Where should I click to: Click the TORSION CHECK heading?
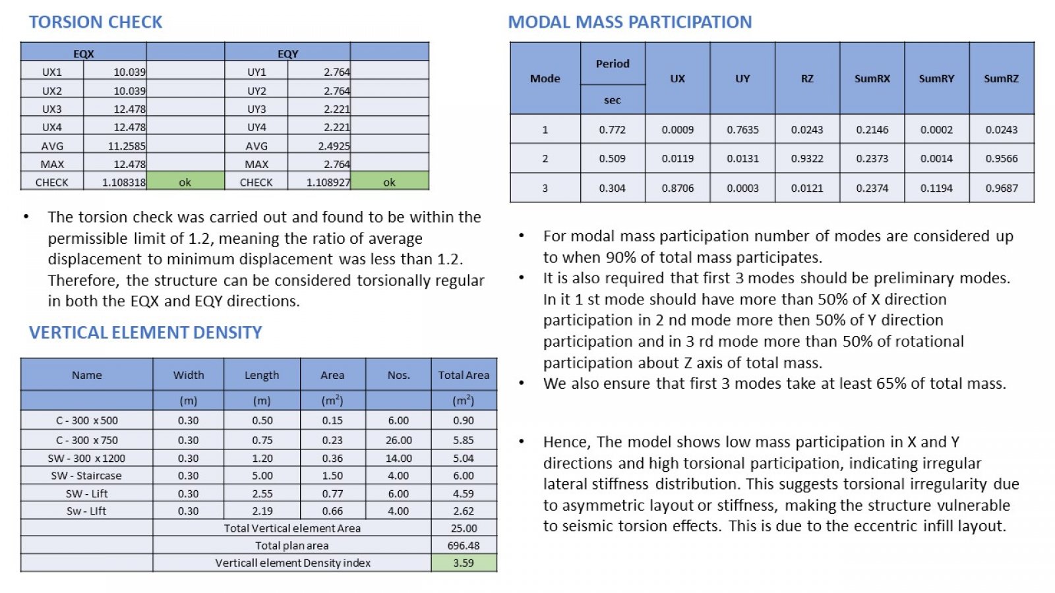coord(96,22)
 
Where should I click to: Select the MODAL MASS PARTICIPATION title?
coord(630,22)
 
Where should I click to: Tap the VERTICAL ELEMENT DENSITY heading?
coord(146,333)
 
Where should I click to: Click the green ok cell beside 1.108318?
coord(185,182)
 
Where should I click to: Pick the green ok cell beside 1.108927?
coord(390,182)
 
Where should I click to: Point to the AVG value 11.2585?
coord(127,146)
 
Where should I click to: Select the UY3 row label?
coord(256,109)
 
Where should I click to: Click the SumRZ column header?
coord(1002,78)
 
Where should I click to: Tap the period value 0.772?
coord(613,129)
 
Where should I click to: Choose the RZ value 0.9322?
coord(807,159)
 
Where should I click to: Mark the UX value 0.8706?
coord(678,188)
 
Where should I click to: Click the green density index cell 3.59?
coord(464,563)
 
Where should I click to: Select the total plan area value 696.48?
coord(464,546)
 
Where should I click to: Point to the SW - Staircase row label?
coord(86,475)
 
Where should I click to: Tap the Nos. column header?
coord(399,375)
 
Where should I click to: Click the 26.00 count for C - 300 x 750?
coord(399,440)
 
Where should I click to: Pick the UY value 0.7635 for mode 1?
coord(742,129)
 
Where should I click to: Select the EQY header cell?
coord(287,53)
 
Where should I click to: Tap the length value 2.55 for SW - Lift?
coord(262,494)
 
